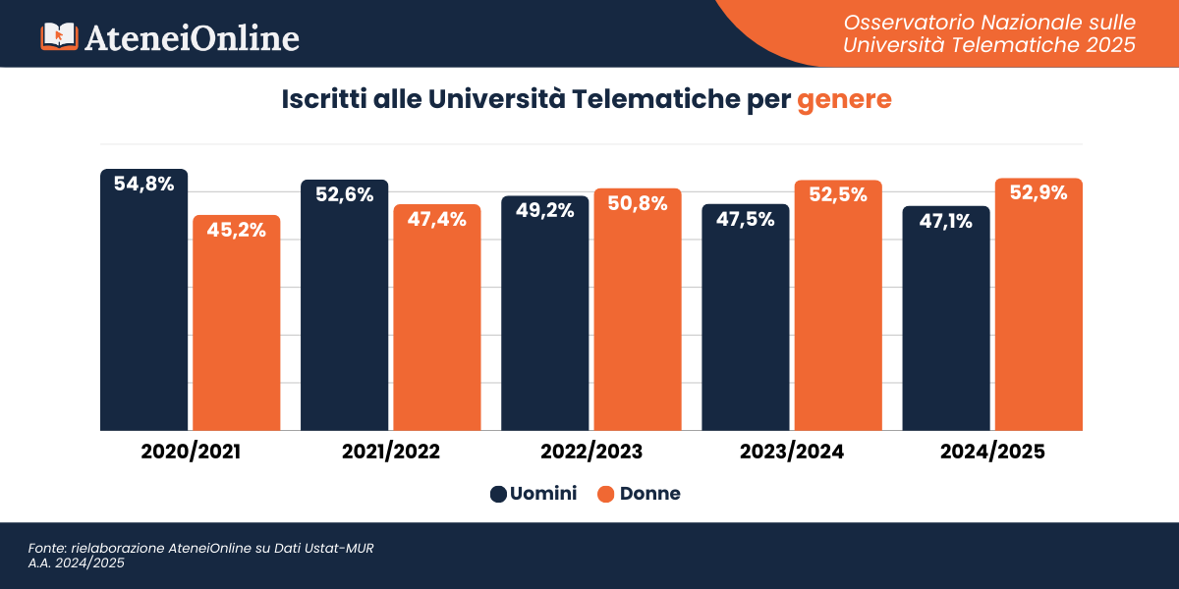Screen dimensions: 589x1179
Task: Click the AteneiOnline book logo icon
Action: point(58,36)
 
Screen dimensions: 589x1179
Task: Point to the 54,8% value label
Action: point(143,183)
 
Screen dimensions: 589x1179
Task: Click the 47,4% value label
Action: point(437,219)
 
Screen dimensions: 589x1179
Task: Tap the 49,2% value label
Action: point(544,210)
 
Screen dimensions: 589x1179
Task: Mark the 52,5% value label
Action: point(838,194)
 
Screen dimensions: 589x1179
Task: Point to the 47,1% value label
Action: point(945,221)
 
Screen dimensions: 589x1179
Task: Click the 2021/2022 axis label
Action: point(390,453)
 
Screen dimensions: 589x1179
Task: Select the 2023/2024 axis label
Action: point(792,453)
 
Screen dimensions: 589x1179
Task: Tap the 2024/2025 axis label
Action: point(992,453)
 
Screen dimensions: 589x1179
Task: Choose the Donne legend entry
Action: point(639,494)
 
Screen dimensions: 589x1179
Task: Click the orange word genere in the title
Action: point(844,100)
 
